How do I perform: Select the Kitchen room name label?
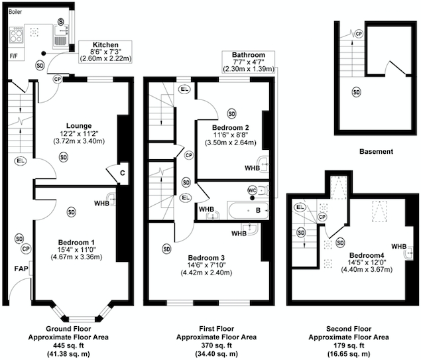pyautogui.click(x=106, y=45)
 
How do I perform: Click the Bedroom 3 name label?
pyautogui.click(x=208, y=257)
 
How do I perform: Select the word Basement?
pyautogui.click(x=376, y=152)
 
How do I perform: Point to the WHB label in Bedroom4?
pyautogui.click(x=398, y=247)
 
